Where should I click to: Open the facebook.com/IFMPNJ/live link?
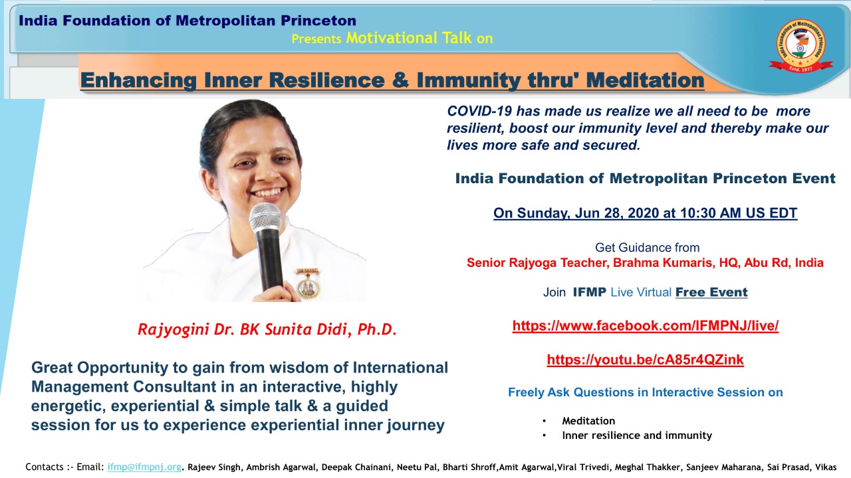point(645,326)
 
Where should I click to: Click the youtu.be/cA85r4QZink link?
point(645,360)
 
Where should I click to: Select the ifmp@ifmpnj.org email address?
point(144,467)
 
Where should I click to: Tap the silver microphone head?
point(265,217)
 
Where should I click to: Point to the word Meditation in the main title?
point(645,80)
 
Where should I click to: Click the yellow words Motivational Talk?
point(409,38)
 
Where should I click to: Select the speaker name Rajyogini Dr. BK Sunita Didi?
point(242,329)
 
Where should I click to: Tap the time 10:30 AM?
point(711,213)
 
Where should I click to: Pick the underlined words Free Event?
point(711,292)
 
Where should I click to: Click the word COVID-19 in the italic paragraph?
point(479,111)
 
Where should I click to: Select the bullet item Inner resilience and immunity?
point(637,435)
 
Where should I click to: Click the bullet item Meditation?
point(588,421)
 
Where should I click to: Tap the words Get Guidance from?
point(647,248)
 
